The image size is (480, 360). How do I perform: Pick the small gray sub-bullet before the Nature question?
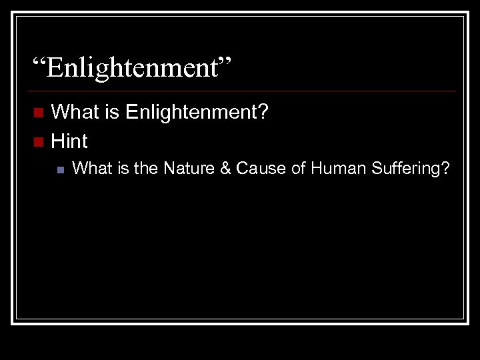60,170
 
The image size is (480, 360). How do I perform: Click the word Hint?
69,141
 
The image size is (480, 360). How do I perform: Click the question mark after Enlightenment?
263,111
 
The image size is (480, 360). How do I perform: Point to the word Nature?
185,169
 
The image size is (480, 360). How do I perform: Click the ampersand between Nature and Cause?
223,169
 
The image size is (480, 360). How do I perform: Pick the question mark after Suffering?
445,169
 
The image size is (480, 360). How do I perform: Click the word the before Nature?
145,169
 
